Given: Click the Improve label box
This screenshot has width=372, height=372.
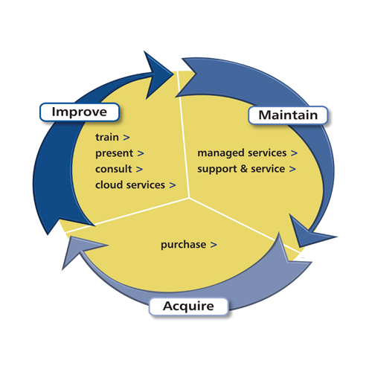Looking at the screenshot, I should [79, 112].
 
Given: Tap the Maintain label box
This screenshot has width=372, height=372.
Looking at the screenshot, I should [287, 115].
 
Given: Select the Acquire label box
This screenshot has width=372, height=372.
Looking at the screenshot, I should [188, 306].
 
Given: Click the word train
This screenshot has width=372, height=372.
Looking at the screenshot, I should [107, 138].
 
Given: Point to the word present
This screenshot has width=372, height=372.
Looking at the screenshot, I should [115, 153].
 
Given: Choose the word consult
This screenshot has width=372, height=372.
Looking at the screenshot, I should [114, 169].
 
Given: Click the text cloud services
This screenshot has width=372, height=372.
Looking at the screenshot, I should [129, 185].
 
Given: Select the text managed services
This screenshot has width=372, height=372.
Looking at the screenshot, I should [241, 153].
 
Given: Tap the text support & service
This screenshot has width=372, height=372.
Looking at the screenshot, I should [241, 169].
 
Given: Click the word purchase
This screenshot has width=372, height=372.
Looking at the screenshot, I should [183, 244].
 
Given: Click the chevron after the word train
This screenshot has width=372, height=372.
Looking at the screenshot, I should [126, 138].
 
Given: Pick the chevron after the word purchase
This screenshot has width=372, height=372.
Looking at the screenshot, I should [214, 244].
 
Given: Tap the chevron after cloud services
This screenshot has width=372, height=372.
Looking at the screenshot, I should [172, 185].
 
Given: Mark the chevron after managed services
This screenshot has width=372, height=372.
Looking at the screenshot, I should [294, 153].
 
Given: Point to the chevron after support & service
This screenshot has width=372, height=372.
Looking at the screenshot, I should [292, 169].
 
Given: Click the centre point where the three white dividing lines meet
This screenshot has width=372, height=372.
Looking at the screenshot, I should [188, 198].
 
